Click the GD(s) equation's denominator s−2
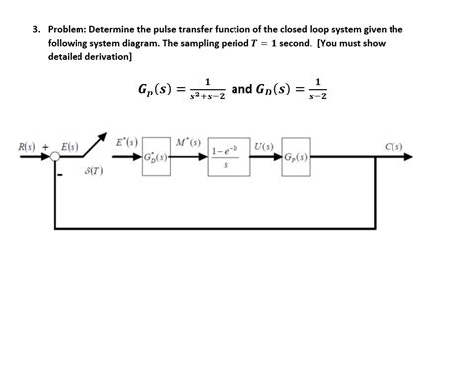[317, 95]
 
